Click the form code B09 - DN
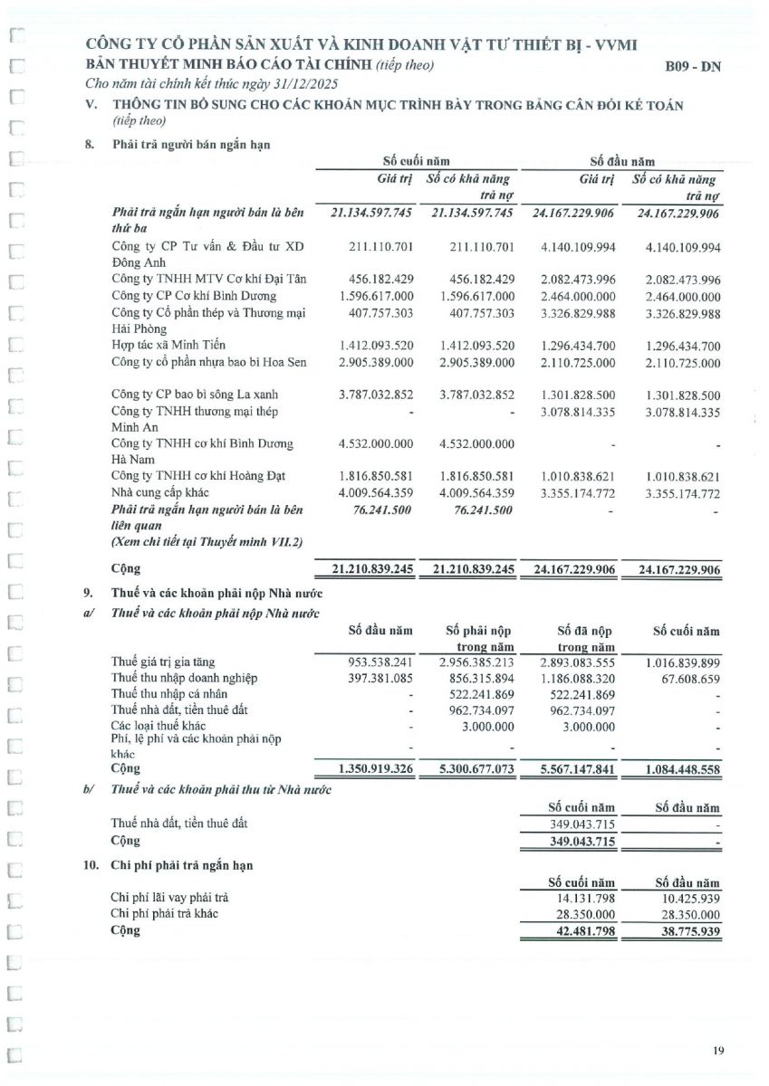(x=693, y=66)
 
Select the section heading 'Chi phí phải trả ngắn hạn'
(x=182, y=865)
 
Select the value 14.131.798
(x=582, y=898)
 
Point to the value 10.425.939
(x=687, y=898)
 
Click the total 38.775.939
(x=687, y=930)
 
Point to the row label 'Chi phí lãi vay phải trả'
(x=169, y=898)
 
